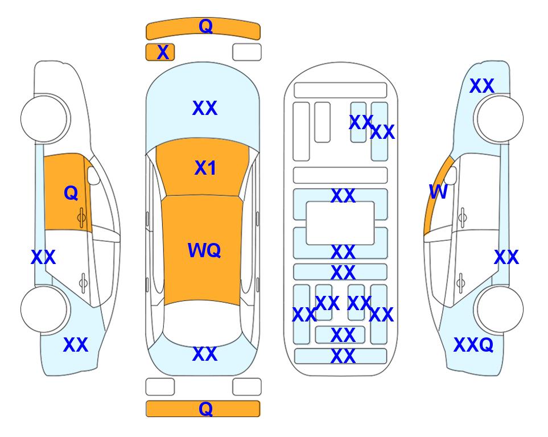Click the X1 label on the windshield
[x=205, y=168]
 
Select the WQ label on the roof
[x=204, y=250]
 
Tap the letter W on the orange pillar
[x=438, y=192]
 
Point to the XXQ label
[x=473, y=345]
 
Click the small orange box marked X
[x=160, y=52]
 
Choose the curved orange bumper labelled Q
[x=203, y=28]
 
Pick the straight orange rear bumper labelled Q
[x=203, y=409]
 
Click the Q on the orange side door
[x=71, y=193]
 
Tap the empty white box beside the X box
[x=247, y=52]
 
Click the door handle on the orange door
[x=81, y=218]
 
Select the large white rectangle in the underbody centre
[x=340, y=223]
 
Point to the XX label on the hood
[x=205, y=108]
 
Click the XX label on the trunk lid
[x=205, y=354]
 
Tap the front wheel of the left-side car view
[x=44, y=118]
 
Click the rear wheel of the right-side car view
[x=500, y=309]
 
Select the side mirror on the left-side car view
[x=93, y=175]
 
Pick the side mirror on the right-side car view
[x=451, y=175]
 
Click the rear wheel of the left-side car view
[x=44, y=309]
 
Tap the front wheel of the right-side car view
[x=500, y=118]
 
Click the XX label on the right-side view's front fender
[x=482, y=86]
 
